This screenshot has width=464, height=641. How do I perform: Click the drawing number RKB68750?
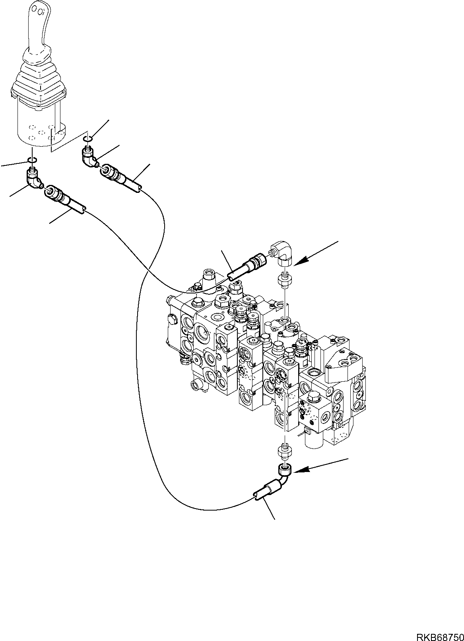tap(441, 636)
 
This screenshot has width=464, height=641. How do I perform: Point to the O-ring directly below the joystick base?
tap(32, 159)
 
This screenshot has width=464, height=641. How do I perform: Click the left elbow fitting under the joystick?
tap(34, 179)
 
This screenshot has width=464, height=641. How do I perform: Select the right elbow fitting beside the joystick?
tap(90, 157)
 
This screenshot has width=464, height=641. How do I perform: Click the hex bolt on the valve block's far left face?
tap(172, 319)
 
